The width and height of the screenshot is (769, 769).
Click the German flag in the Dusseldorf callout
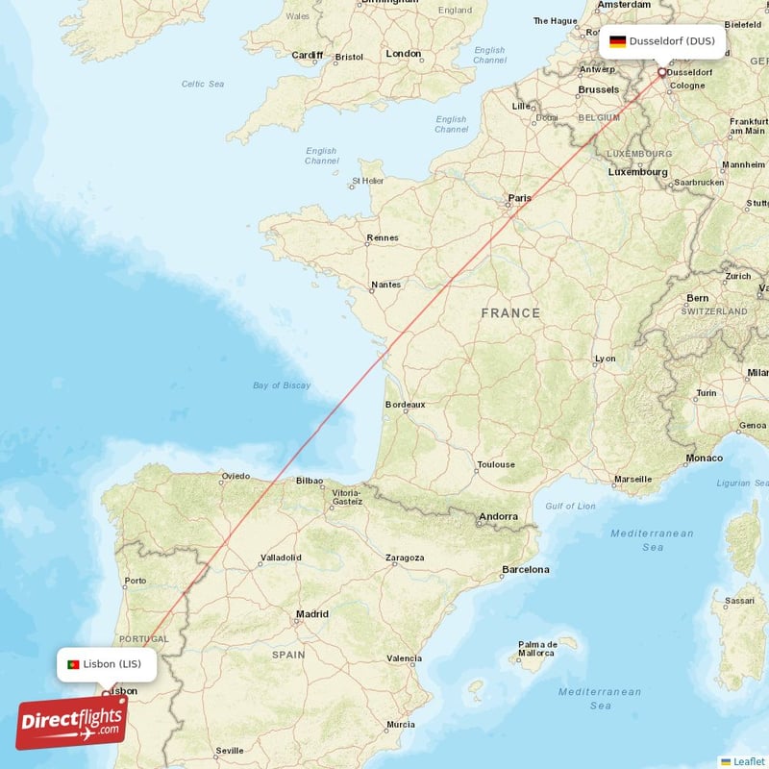[x=617, y=41]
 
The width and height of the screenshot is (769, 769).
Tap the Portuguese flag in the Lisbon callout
[x=72, y=664]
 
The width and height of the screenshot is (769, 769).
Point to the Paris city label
[x=519, y=198]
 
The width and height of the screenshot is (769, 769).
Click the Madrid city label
[x=311, y=613]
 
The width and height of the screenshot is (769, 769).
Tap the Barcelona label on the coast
[x=525, y=569]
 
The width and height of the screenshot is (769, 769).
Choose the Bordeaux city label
[x=405, y=405]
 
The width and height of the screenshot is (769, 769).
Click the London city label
[x=404, y=54]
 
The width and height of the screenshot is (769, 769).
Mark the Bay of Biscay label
[x=282, y=385]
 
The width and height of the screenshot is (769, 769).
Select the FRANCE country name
[x=510, y=313]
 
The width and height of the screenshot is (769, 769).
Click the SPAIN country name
[x=287, y=655]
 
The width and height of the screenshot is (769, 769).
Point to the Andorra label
[x=499, y=516]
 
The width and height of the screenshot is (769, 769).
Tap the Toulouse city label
[x=496, y=466]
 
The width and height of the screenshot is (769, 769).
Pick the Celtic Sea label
[x=203, y=84]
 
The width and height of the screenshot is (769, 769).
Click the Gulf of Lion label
[x=570, y=506]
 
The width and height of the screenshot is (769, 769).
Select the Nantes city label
[x=385, y=285]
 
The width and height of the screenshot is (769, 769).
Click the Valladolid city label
[x=281, y=558]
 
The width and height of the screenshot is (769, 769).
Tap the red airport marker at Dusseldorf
[x=661, y=72]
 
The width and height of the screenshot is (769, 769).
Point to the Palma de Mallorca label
[x=538, y=649]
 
